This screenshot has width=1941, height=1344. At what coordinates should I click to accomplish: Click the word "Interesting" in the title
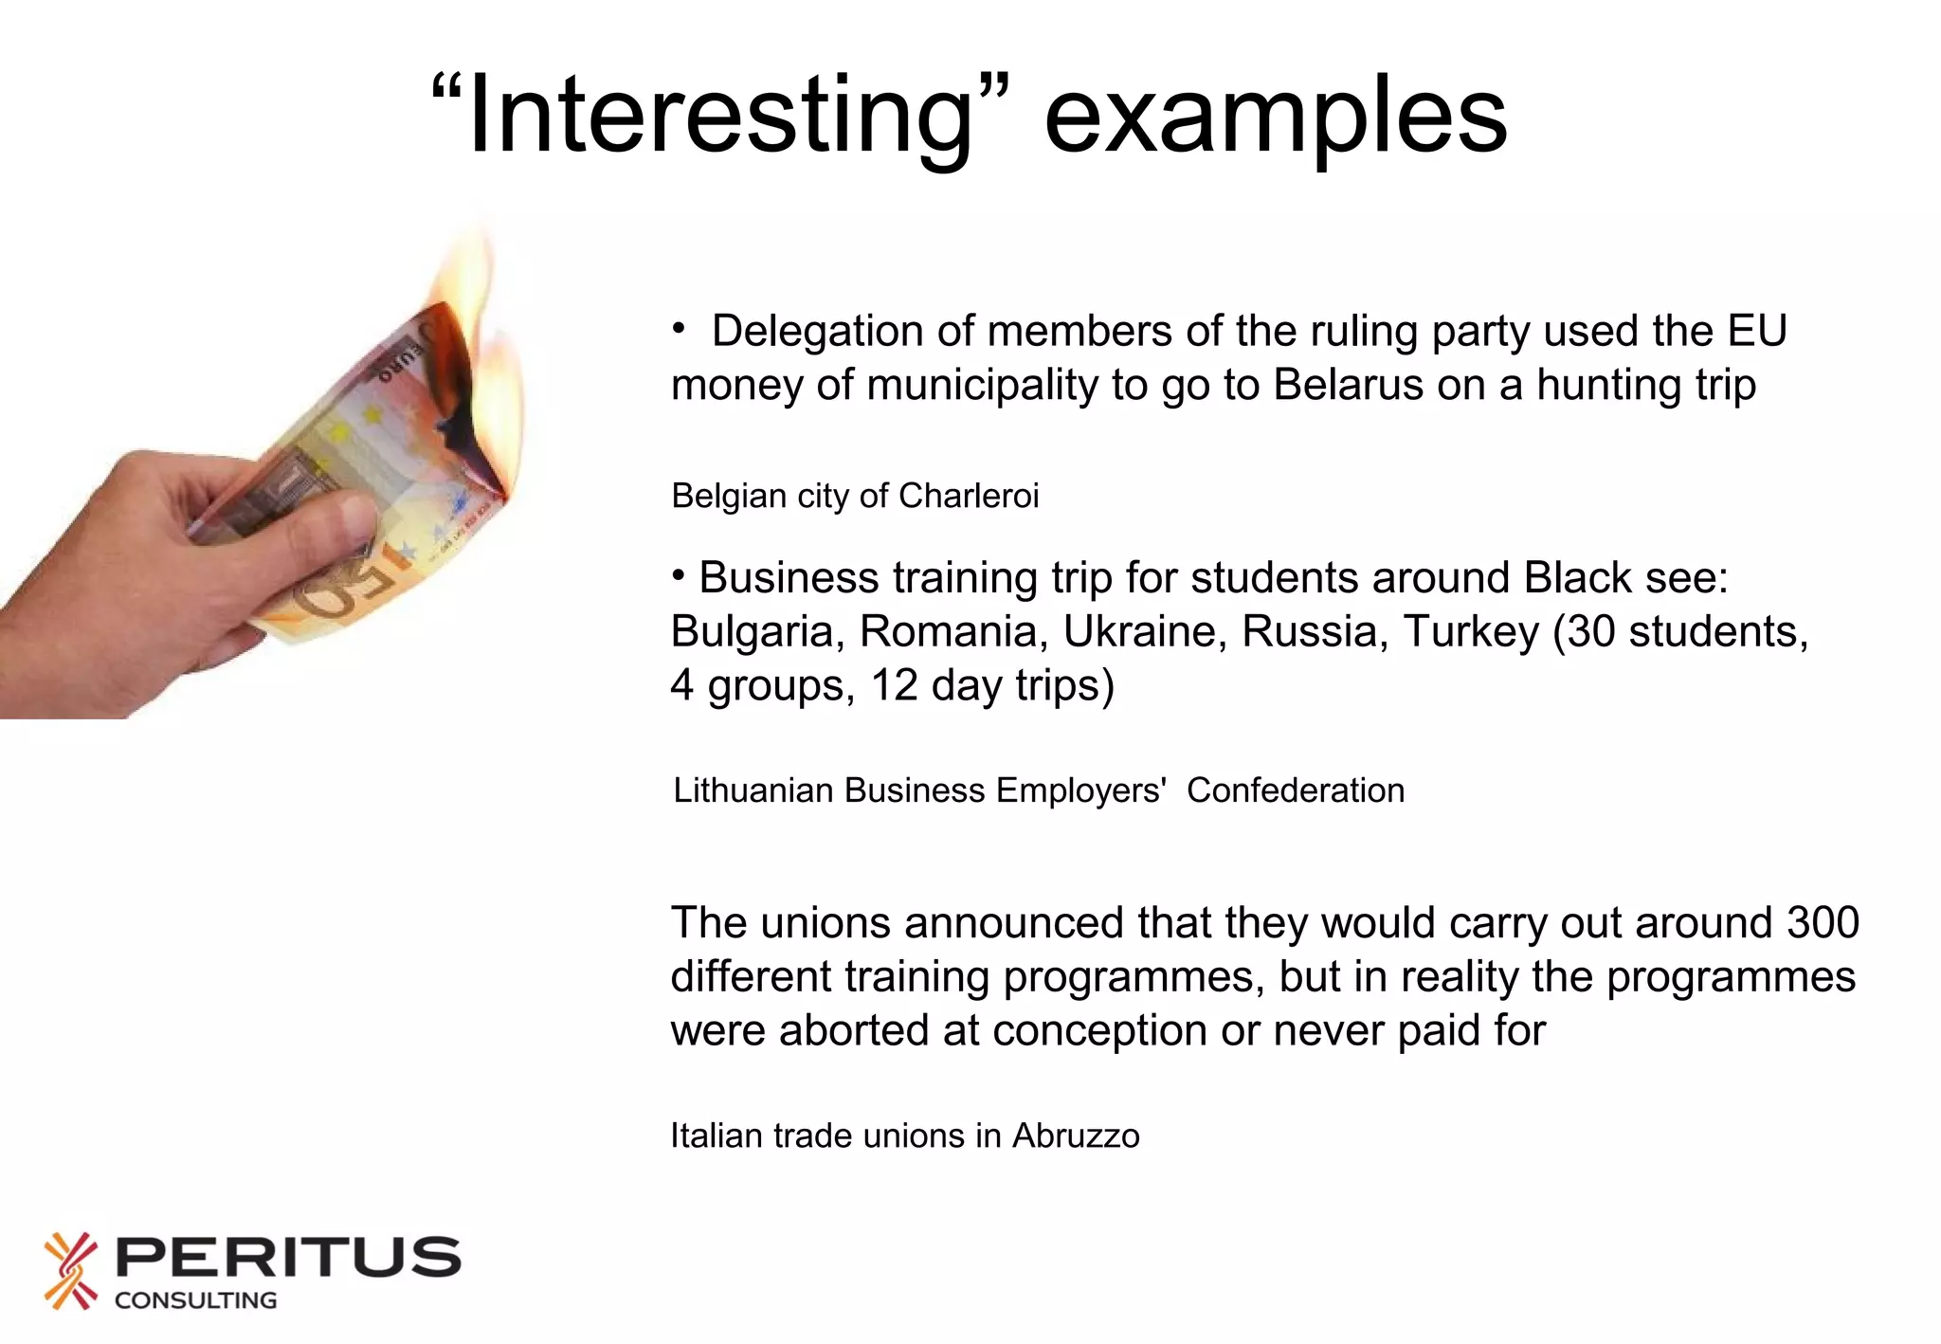[x=720, y=116]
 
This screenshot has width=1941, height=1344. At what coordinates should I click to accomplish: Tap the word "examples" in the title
[x=1275, y=116]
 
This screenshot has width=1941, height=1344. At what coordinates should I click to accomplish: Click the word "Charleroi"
[x=968, y=496]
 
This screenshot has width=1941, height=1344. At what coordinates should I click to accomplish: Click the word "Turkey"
[x=1471, y=631]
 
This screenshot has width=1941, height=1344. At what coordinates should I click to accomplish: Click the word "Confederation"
[x=1295, y=790]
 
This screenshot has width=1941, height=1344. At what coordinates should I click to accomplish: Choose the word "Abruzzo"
[x=1076, y=1135]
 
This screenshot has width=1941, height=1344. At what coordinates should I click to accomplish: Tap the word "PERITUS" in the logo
[x=287, y=1257]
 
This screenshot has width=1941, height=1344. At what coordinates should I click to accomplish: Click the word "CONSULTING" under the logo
[x=195, y=1300]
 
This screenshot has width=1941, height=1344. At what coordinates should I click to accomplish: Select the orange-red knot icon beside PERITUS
[x=71, y=1271]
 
